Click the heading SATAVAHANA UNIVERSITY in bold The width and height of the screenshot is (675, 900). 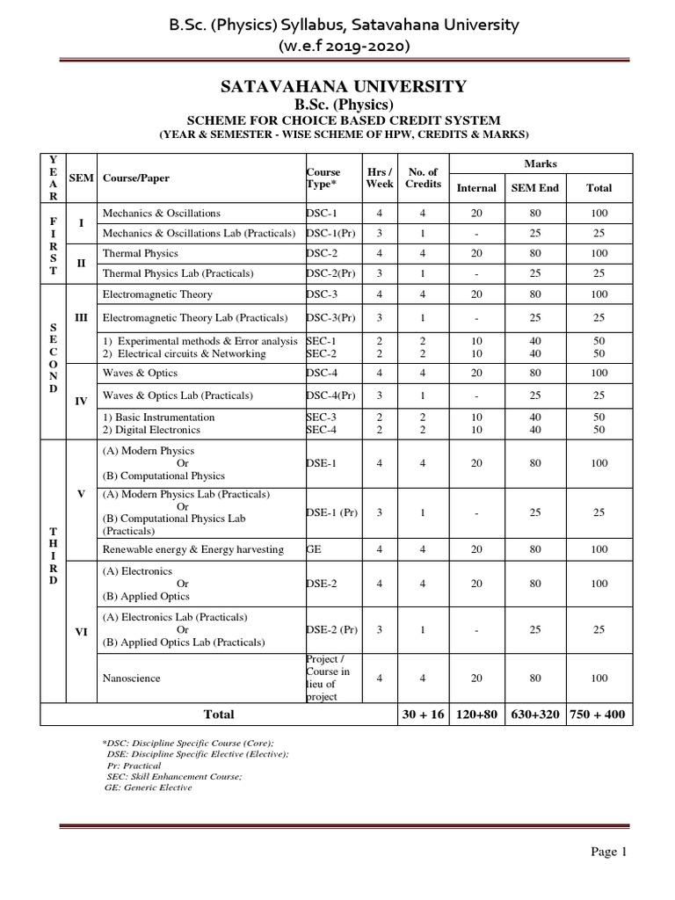point(337,86)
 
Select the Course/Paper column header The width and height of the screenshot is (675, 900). point(136,178)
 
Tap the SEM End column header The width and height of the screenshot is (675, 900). point(534,187)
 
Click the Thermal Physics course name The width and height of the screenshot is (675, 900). point(140,253)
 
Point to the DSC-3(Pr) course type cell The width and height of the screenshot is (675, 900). point(332,317)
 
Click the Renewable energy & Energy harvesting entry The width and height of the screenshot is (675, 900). point(192,549)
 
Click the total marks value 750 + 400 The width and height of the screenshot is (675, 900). point(597,715)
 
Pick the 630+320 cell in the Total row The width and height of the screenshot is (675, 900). point(534,715)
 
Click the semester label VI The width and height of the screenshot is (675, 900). point(81,631)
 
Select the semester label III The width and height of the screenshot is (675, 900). point(81,316)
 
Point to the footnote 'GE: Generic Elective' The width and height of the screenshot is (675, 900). point(148,787)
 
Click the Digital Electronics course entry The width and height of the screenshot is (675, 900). point(152,430)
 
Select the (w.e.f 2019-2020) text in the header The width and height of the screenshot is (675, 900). point(337,44)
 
